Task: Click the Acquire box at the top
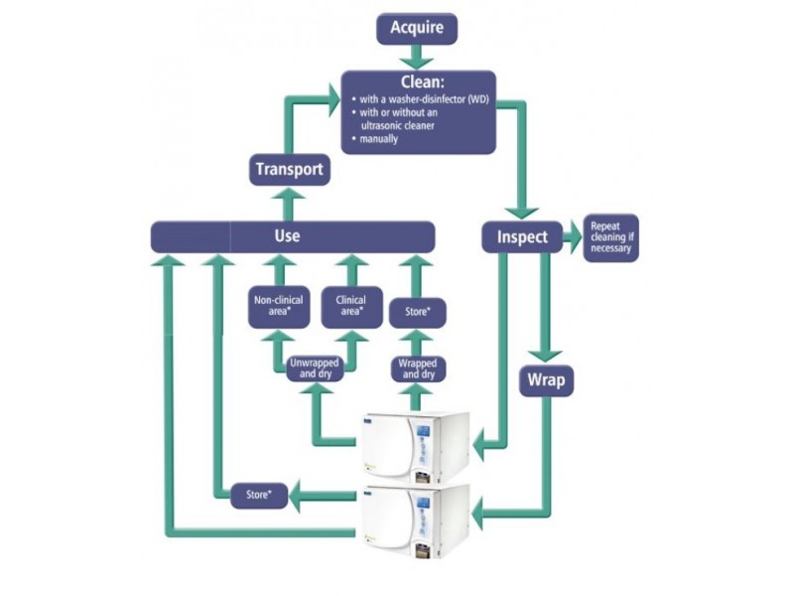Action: click(x=417, y=28)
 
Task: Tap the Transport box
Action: click(x=289, y=169)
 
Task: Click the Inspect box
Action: click(x=522, y=237)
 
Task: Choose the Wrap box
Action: click(x=546, y=379)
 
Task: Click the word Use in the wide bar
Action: click(x=286, y=236)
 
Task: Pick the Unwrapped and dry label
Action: click(x=315, y=369)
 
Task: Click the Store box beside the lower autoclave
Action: click(x=259, y=494)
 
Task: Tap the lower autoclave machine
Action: click(x=414, y=519)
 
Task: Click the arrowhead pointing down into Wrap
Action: click(x=546, y=354)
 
